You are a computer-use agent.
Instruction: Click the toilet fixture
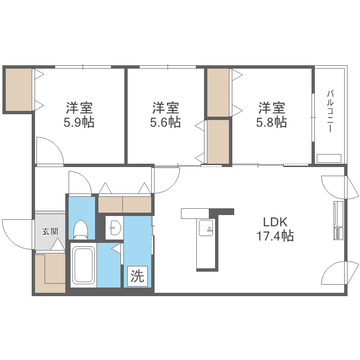tap(81, 229)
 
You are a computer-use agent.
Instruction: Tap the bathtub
tap(84, 265)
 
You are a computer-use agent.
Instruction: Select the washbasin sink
tap(114, 228)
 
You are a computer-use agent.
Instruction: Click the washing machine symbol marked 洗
tap(137, 276)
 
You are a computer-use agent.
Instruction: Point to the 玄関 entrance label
tap(50, 231)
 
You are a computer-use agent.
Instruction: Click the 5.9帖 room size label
tap(79, 122)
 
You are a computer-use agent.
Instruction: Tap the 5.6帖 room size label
tap(166, 122)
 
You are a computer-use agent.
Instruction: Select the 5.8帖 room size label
tap(272, 122)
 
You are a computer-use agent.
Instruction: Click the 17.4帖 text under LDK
tap(275, 236)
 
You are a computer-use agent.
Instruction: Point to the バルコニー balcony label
tap(330, 111)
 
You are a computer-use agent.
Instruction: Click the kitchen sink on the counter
tap(206, 228)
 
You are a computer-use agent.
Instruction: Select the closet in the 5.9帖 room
tap(19, 90)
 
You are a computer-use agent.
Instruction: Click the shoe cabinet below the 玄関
tap(50, 273)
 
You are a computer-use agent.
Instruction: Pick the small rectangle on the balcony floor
tap(329, 158)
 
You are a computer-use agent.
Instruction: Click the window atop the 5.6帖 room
tap(168, 67)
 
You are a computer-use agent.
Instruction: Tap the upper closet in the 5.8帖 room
tap(218, 93)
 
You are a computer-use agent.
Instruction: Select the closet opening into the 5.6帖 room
tap(218, 142)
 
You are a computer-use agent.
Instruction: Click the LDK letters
tap(275, 222)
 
